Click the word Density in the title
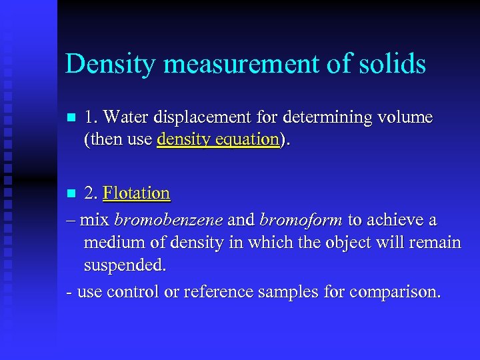pos(107,64)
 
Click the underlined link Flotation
pos(137,193)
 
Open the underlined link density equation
pos(218,139)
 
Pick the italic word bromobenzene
pos(167,220)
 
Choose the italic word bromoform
pos(301,220)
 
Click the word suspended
pos(125,265)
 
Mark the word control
pos(133,292)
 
